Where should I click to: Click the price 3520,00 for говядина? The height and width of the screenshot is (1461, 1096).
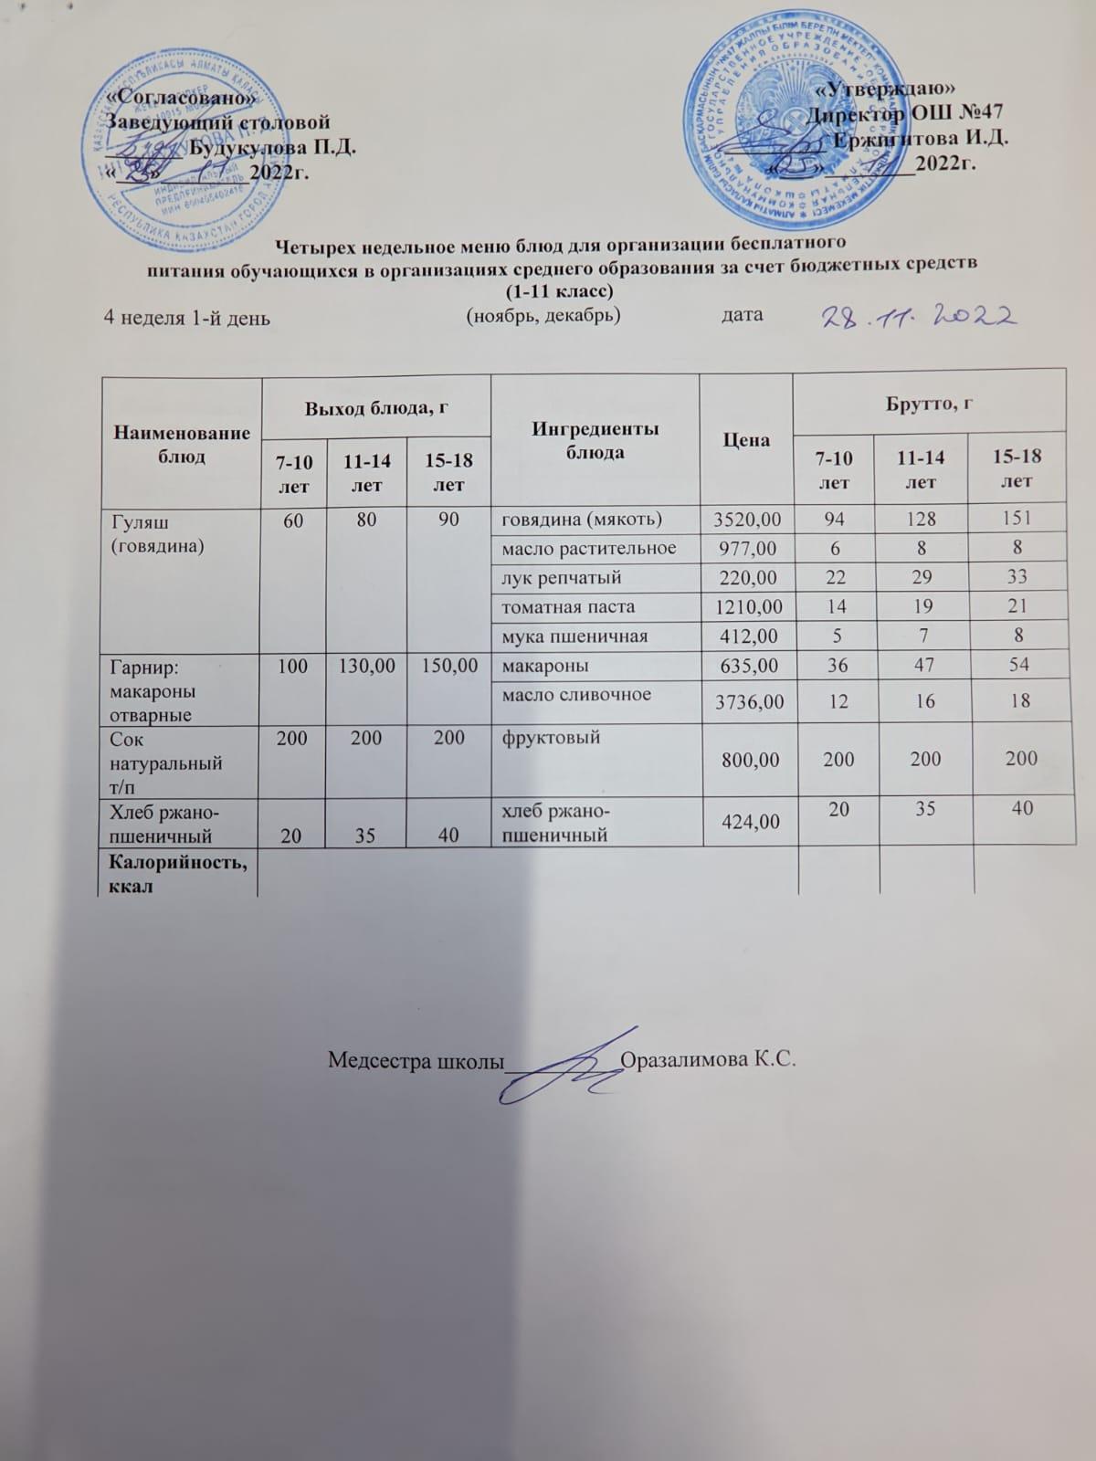click(x=745, y=519)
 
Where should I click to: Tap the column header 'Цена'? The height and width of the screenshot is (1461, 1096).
click(x=745, y=440)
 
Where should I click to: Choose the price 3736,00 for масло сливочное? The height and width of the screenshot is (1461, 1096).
click(x=745, y=701)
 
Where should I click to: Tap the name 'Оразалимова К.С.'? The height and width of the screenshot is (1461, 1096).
click(x=708, y=1060)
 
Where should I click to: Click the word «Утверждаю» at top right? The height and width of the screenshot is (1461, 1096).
click(x=884, y=89)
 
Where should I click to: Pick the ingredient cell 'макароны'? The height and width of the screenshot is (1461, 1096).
click(x=545, y=666)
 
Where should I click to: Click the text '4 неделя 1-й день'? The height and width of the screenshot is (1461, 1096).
click(x=186, y=319)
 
